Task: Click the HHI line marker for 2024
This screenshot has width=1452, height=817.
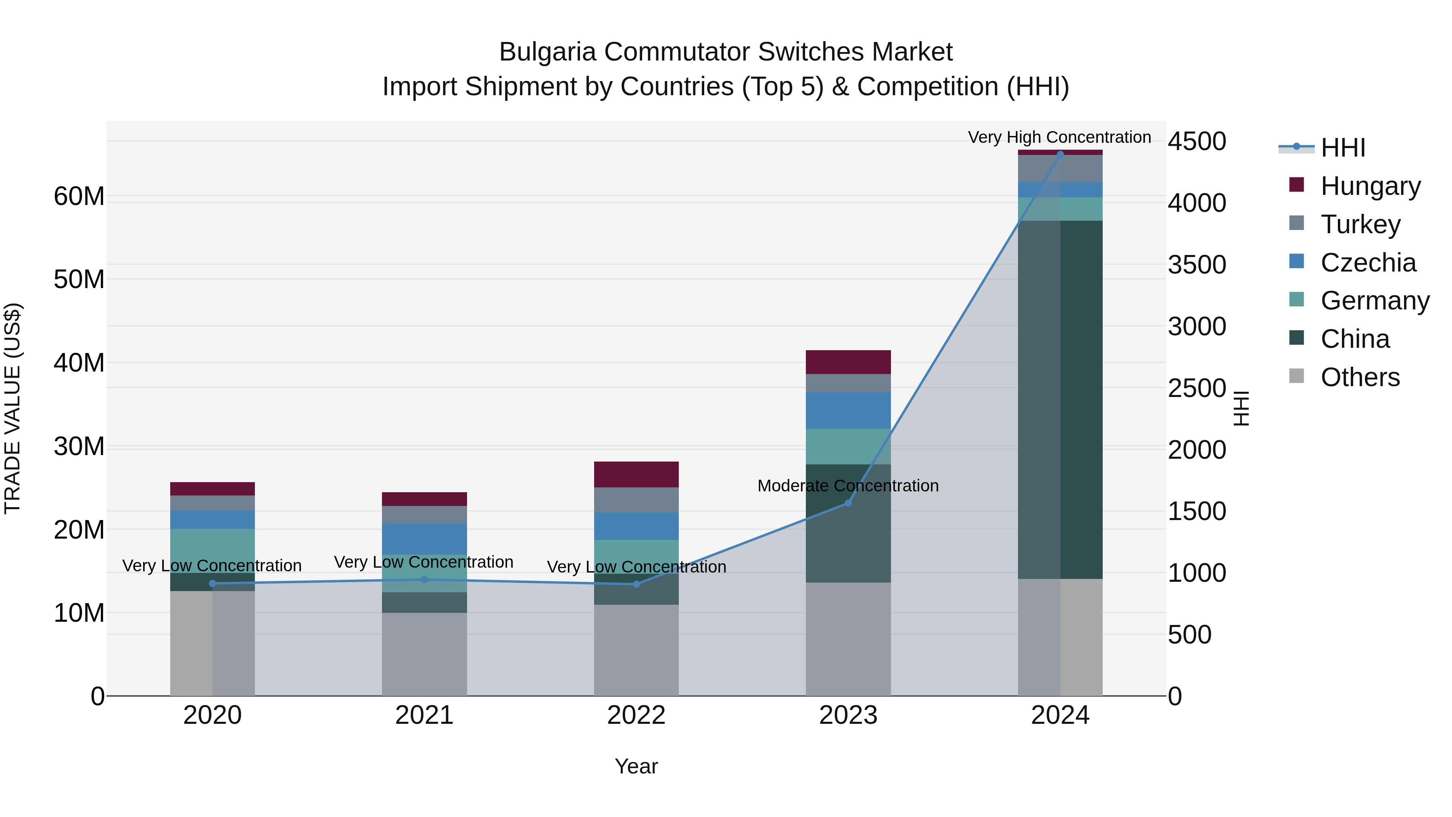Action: coord(1060,154)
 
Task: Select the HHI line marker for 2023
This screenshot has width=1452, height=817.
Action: coord(848,503)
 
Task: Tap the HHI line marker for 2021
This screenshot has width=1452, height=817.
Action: coord(424,580)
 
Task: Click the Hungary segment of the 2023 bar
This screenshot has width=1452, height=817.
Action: coord(848,362)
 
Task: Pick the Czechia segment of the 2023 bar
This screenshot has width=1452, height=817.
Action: coord(848,410)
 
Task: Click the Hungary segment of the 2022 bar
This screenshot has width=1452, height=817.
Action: coord(636,474)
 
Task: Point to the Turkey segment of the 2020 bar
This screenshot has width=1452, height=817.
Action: coord(213,503)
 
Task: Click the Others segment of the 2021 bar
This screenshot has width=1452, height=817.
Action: coord(424,654)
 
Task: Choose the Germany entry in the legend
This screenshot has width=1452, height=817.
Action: coord(1375,301)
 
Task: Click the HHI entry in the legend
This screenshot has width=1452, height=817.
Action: coord(1343,148)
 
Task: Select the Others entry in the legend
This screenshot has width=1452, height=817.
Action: coord(1360,377)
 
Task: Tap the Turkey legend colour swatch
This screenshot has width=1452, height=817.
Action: coord(1296,223)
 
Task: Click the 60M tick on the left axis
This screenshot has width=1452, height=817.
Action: coord(79,197)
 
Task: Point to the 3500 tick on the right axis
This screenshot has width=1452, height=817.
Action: coord(1197,265)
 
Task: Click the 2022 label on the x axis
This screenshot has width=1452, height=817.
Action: coord(636,715)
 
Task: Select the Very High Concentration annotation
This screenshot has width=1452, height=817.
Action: coord(1059,138)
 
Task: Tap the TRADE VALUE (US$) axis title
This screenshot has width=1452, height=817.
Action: coord(13,408)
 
